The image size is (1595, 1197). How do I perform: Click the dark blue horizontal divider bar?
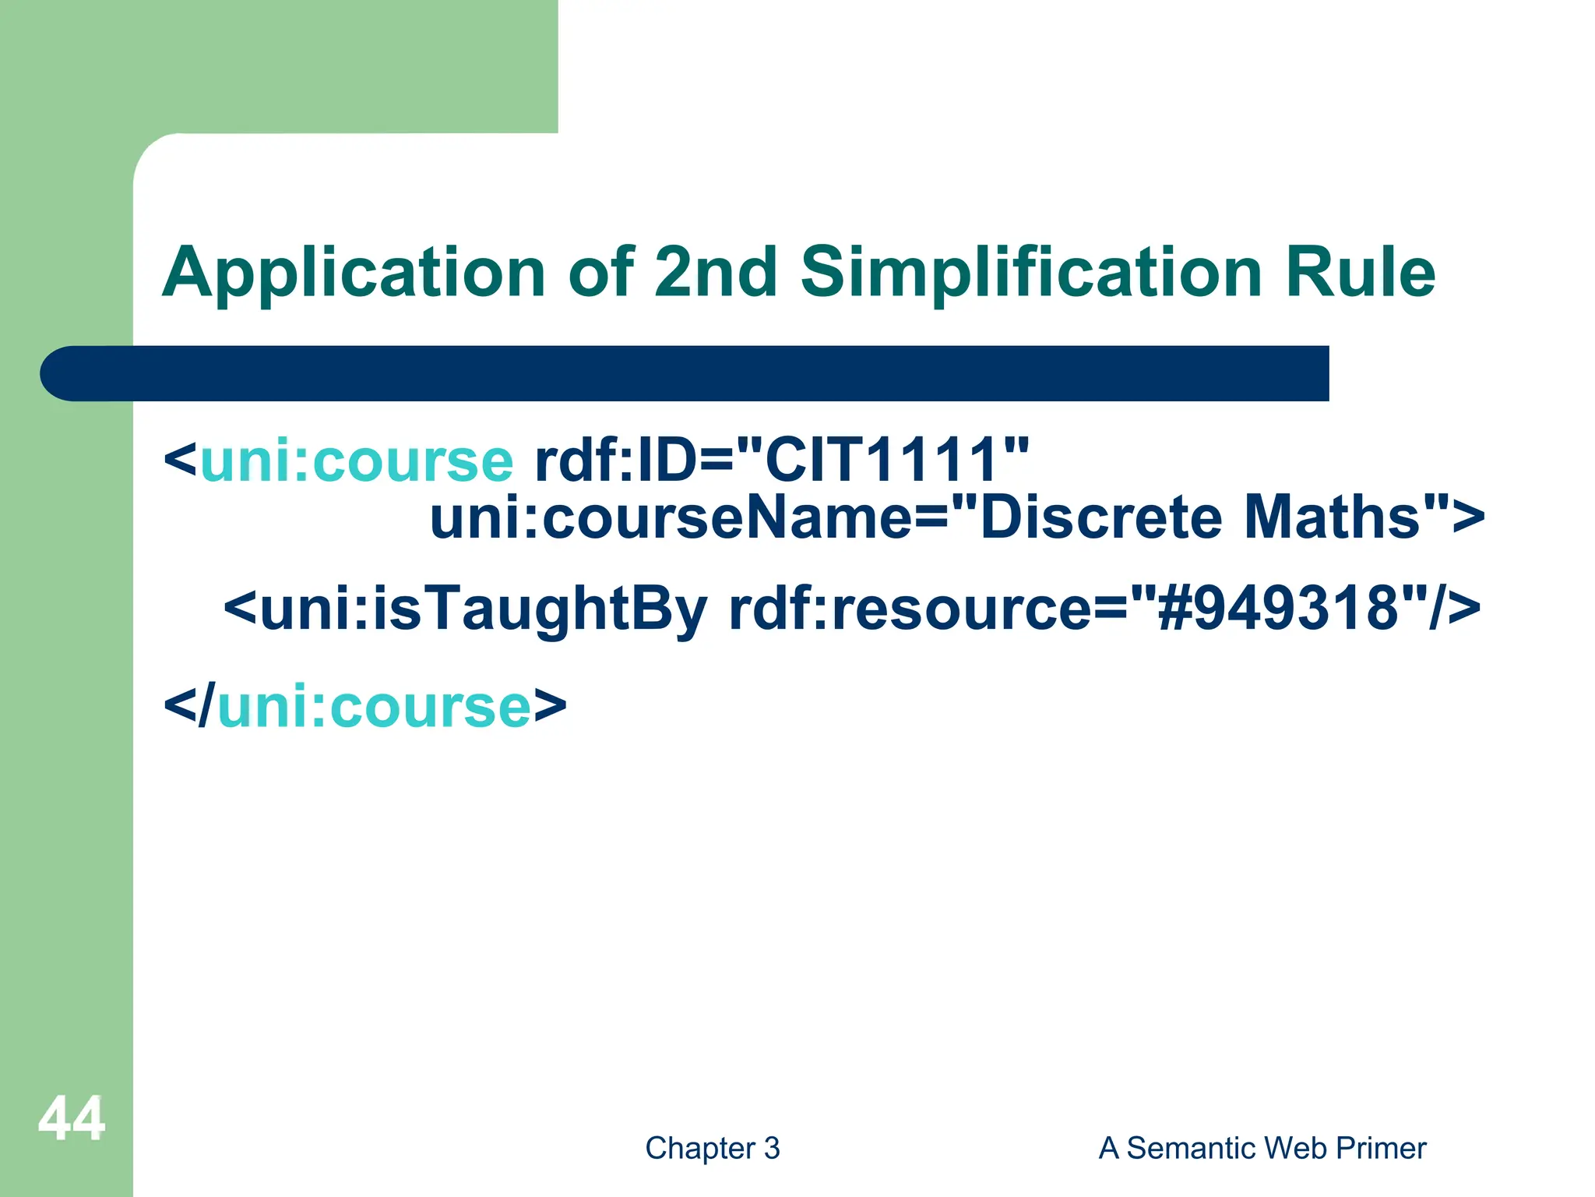click(x=685, y=373)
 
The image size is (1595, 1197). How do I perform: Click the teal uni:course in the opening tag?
click(x=357, y=460)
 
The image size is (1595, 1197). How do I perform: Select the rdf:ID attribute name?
click(x=613, y=460)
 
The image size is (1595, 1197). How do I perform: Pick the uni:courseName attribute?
click(x=670, y=517)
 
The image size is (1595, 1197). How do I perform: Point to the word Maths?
click(x=1333, y=517)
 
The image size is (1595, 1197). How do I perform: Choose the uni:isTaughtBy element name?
click(x=483, y=609)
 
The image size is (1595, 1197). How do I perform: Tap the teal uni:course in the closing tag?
click(x=374, y=707)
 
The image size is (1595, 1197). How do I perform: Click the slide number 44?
click(x=72, y=1118)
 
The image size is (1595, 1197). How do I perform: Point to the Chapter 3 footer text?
click(x=713, y=1148)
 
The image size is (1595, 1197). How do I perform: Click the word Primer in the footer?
click(x=1380, y=1148)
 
